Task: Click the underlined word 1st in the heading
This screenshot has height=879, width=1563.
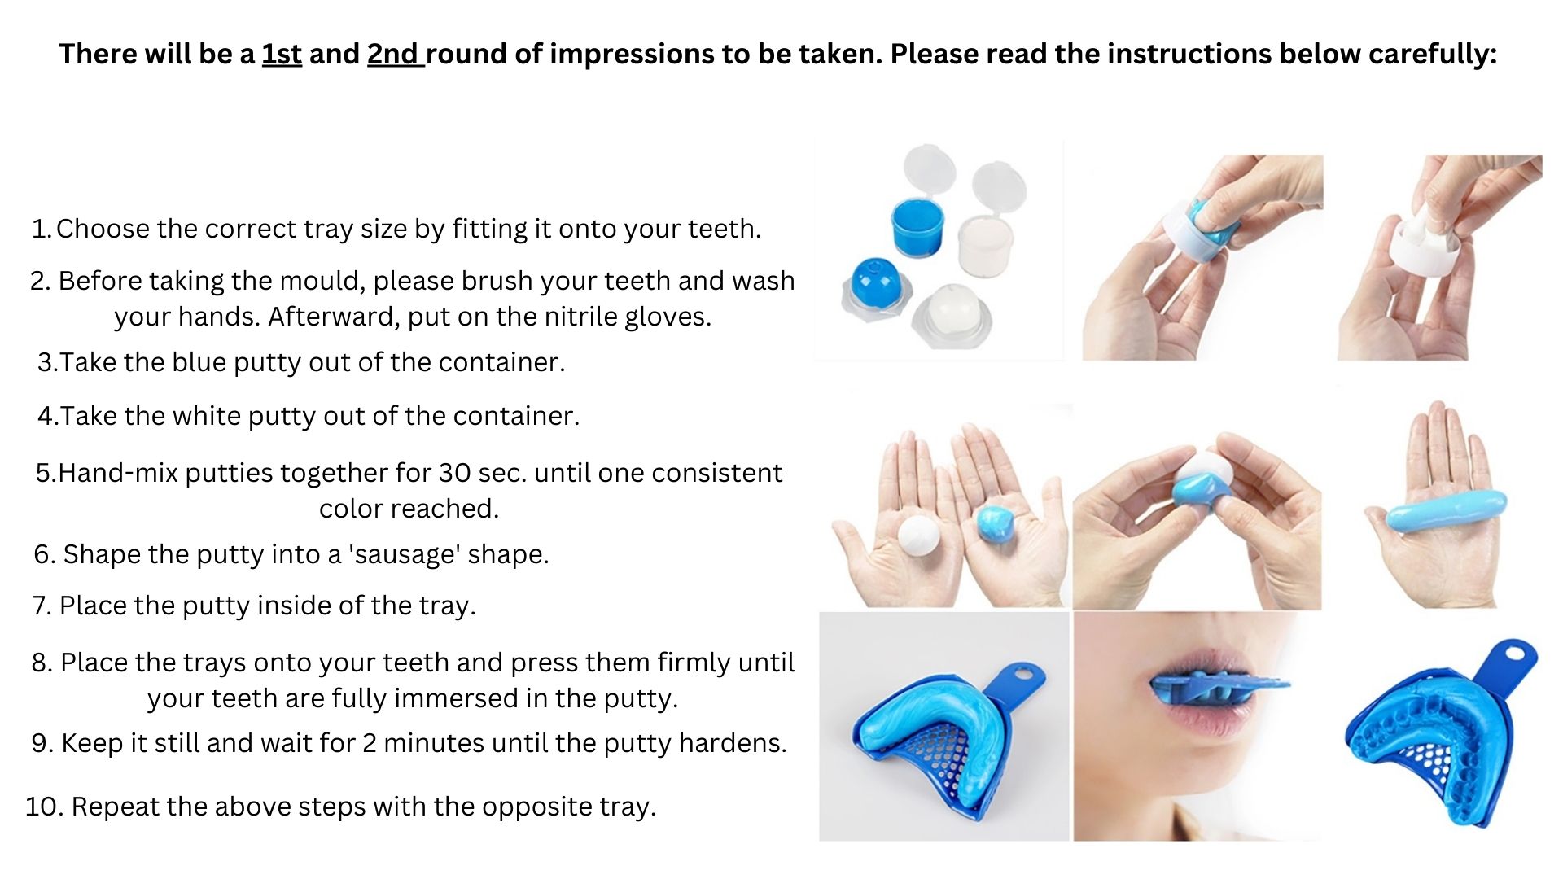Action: pyautogui.click(x=282, y=55)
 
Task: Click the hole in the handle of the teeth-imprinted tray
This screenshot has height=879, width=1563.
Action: pyautogui.click(x=1514, y=653)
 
